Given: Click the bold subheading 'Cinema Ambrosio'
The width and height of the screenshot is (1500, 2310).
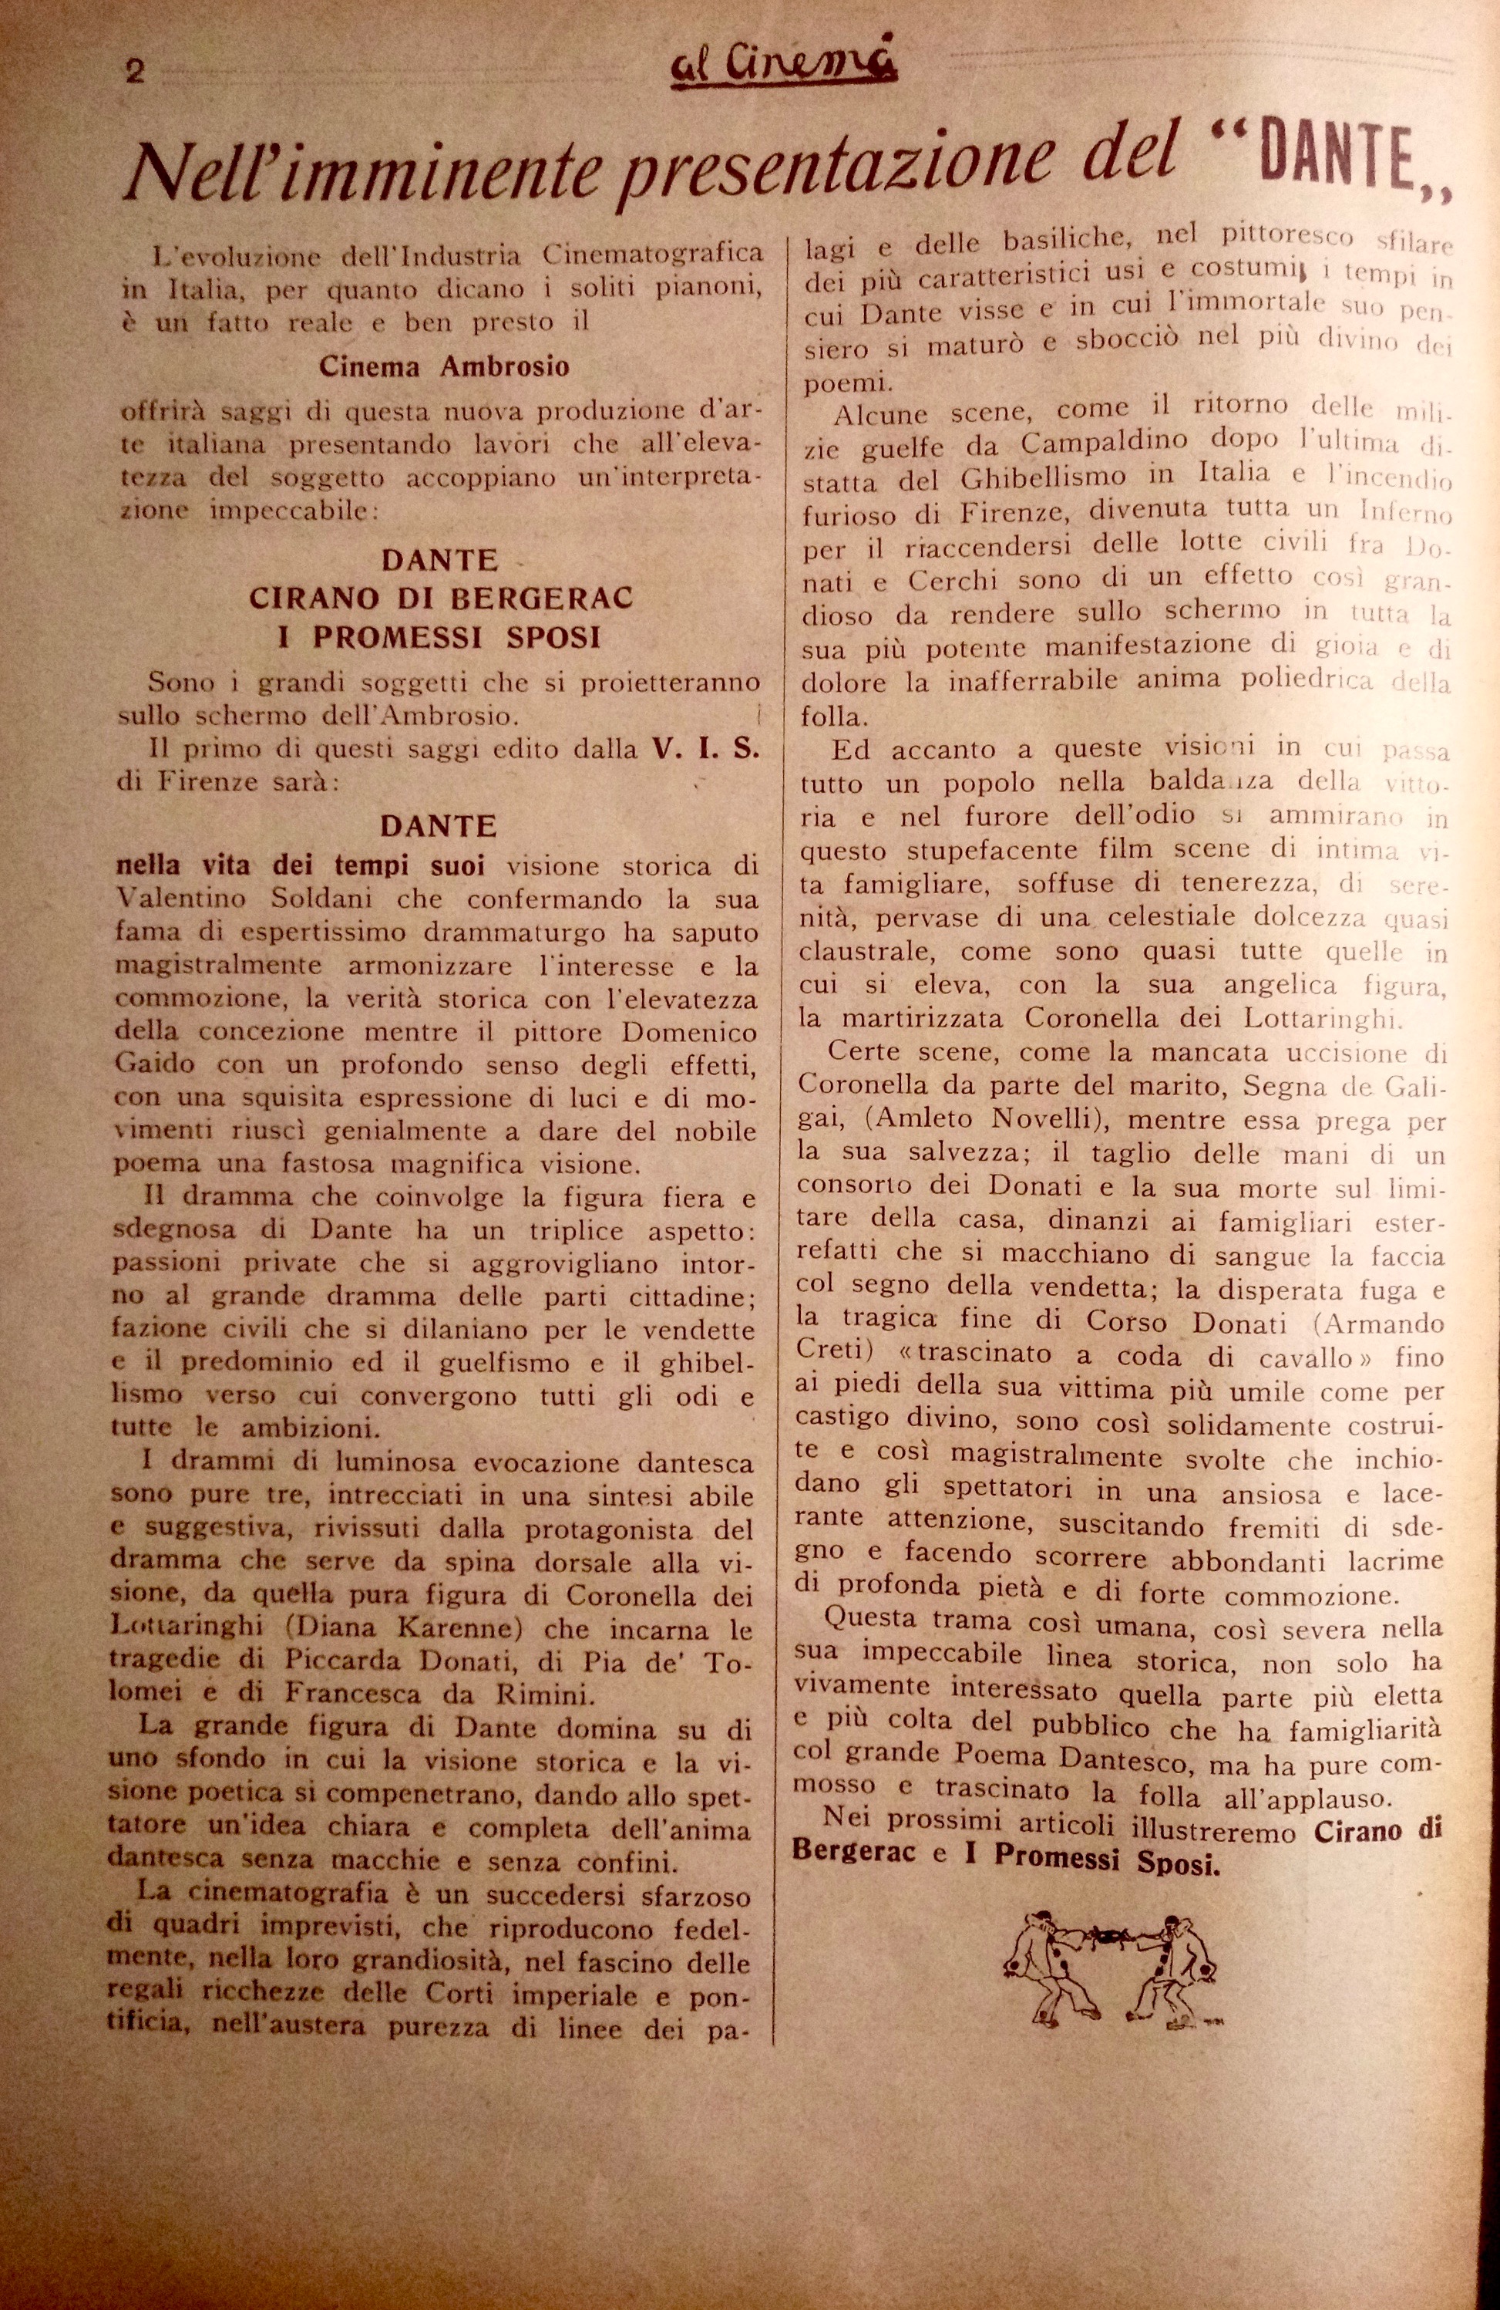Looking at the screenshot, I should [443, 367].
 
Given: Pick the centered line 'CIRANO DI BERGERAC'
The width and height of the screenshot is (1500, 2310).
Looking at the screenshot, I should [442, 598].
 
